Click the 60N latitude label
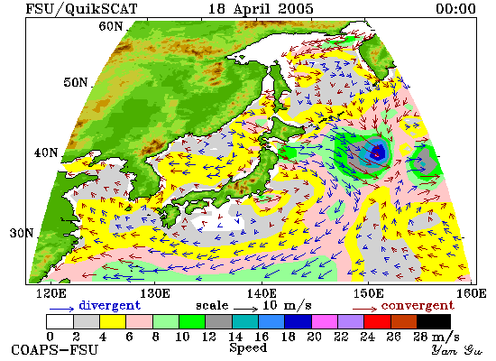point(110,26)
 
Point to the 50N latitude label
point(75,82)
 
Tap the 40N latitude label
point(46,153)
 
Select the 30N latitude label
point(22,234)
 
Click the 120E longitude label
point(51,293)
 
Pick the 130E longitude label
point(155,293)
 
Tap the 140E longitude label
point(262,293)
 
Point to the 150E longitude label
point(368,293)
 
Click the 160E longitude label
point(472,293)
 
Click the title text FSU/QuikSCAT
point(81,8)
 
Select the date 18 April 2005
point(261,8)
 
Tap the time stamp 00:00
point(455,8)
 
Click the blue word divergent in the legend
point(109,305)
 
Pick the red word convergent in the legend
point(418,306)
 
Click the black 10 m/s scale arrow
point(246,308)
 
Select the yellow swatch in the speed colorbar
point(113,321)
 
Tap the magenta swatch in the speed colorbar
point(325,321)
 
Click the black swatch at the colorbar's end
point(434,321)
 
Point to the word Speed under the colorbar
point(248,348)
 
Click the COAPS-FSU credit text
point(55,349)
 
